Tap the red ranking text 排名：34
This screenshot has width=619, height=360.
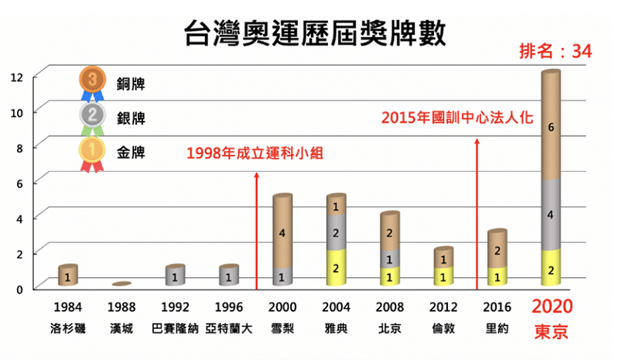(556, 53)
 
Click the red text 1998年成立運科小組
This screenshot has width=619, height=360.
(254, 153)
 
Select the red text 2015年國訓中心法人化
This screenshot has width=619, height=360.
(460, 118)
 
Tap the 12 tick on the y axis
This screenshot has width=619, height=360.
(17, 77)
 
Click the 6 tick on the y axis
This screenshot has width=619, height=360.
(17, 182)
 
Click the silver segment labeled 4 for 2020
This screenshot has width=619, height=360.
(550, 215)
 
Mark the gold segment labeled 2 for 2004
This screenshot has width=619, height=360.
(336, 268)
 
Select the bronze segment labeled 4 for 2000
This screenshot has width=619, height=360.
(282, 233)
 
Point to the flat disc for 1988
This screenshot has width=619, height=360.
(121, 284)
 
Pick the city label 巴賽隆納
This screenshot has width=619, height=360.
(176, 328)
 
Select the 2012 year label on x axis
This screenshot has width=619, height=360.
(443, 306)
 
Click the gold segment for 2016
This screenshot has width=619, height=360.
(497, 277)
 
